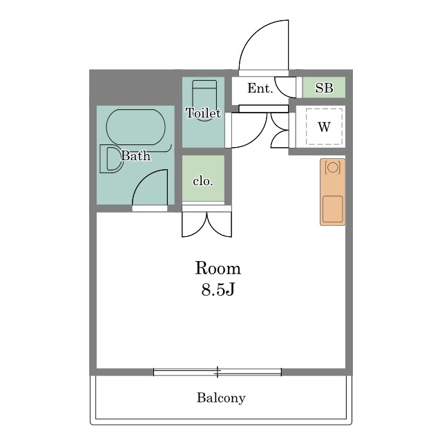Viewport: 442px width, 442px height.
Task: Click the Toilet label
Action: tap(203, 113)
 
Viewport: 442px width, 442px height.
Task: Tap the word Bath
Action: tap(135, 155)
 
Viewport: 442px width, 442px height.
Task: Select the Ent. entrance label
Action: tap(260, 88)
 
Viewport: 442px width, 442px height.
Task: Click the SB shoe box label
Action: tap(324, 88)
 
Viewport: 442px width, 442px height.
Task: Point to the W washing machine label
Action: tap(324, 127)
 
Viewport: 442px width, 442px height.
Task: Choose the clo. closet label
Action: tap(203, 181)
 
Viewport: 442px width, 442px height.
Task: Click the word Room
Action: tap(218, 268)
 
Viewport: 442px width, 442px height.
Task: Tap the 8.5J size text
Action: tap(218, 289)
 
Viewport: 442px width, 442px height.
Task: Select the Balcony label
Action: tap(221, 398)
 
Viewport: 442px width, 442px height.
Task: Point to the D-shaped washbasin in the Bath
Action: tap(101, 160)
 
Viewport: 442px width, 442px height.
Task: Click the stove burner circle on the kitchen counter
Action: tap(333, 167)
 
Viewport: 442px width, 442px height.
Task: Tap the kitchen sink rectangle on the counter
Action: tap(333, 209)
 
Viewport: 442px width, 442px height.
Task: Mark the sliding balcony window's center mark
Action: tap(218, 372)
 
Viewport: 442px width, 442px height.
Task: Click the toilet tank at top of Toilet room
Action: tap(204, 84)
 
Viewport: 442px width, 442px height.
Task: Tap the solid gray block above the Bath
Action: tap(135, 87)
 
